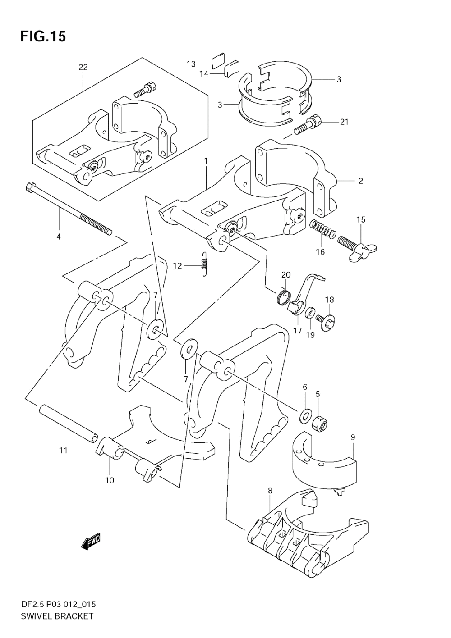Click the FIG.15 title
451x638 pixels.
tap(43, 36)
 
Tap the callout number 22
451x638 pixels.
tap(83, 67)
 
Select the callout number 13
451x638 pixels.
tap(191, 64)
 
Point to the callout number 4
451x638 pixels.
tap(59, 236)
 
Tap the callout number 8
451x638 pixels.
tap(270, 491)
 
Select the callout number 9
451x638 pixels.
tap(353, 437)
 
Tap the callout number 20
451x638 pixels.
tap(286, 275)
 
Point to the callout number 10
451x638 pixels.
tap(110, 480)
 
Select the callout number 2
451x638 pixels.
tap(360, 181)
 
